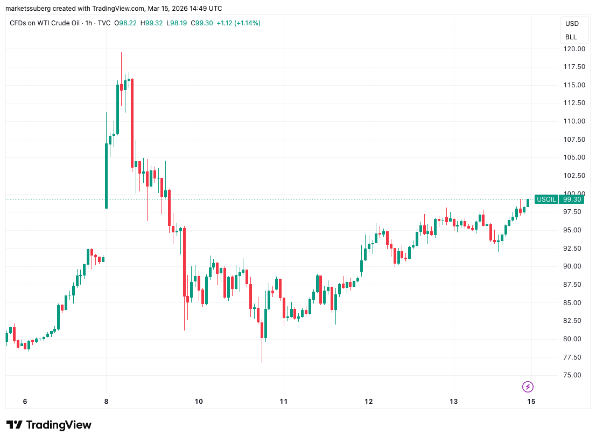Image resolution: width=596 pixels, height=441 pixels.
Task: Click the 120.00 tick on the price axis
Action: (574, 49)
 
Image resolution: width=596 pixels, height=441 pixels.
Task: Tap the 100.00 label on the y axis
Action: (574, 194)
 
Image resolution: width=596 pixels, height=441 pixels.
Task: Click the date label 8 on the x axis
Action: (106, 401)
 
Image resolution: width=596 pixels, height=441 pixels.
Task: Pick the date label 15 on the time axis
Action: (531, 401)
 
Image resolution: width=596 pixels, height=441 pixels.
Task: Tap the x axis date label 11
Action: (284, 401)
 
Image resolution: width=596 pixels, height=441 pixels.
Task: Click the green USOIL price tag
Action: (546, 199)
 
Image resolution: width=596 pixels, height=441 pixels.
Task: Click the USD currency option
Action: (572, 24)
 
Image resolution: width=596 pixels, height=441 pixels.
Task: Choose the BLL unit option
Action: (571, 37)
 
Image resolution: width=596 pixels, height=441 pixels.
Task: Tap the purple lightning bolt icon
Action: (528, 387)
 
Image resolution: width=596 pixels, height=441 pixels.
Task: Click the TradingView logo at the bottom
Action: (49, 425)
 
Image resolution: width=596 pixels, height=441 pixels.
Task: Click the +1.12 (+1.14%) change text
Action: (239, 23)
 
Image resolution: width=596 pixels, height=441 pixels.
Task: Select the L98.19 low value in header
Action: (177, 23)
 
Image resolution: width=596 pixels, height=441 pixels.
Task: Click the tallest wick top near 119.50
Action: (121, 53)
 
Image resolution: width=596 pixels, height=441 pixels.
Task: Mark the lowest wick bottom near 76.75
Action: (262, 362)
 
